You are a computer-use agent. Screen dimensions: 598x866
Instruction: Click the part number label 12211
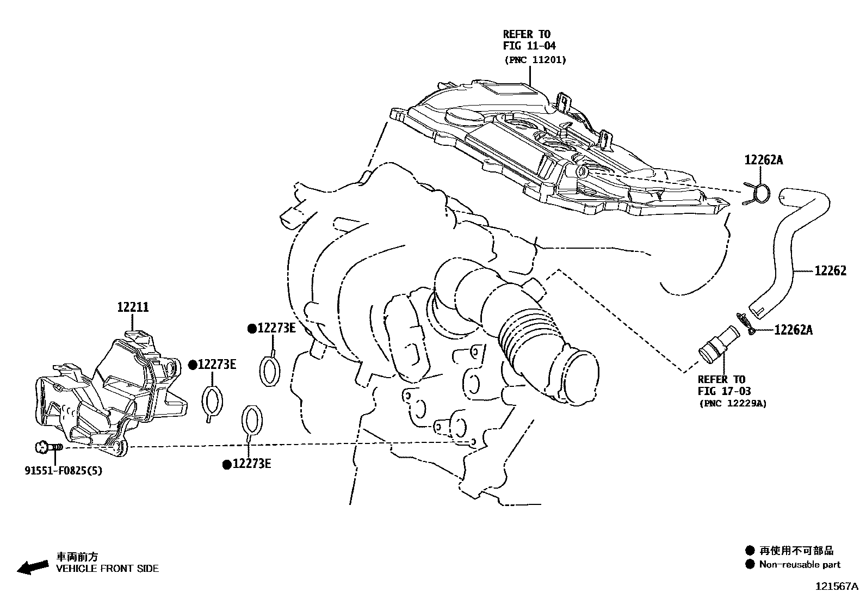[x=133, y=307]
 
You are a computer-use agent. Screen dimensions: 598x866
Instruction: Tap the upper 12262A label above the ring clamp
[x=764, y=160]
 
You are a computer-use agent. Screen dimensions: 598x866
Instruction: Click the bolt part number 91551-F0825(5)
[x=63, y=470]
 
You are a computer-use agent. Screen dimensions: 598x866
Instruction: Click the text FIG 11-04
[x=529, y=46]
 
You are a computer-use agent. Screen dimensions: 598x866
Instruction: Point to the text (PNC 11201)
[x=534, y=60]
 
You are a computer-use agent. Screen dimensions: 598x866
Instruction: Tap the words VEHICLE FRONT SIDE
[x=108, y=569]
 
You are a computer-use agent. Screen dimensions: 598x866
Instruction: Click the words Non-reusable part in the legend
[x=800, y=565]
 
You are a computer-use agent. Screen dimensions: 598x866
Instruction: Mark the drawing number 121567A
[x=836, y=587]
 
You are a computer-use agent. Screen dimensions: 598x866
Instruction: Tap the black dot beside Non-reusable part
[x=751, y=564]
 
